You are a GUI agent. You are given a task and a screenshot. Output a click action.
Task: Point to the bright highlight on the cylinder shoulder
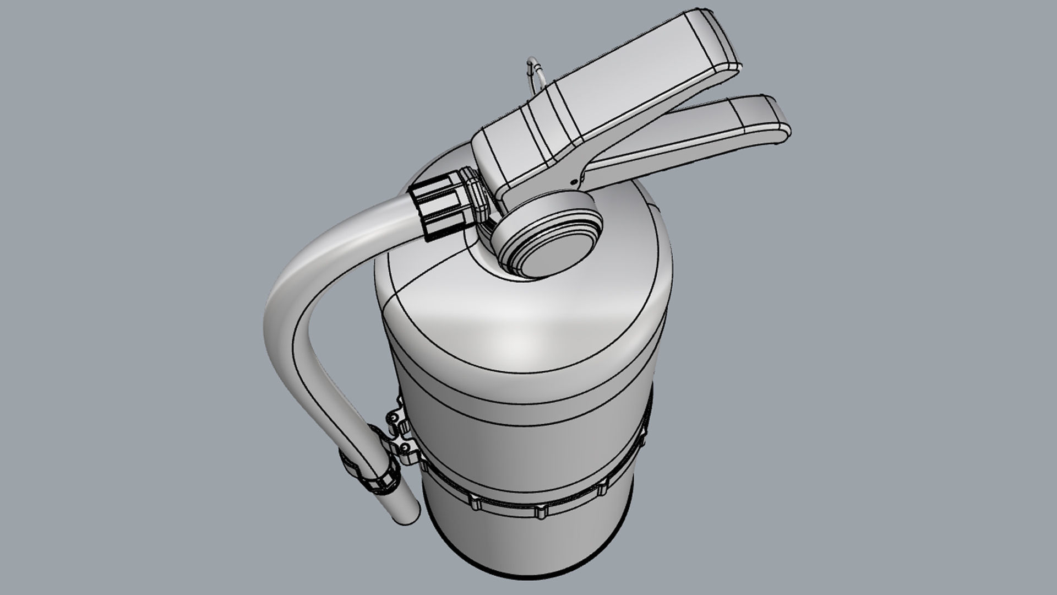[x=528, y=331]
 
